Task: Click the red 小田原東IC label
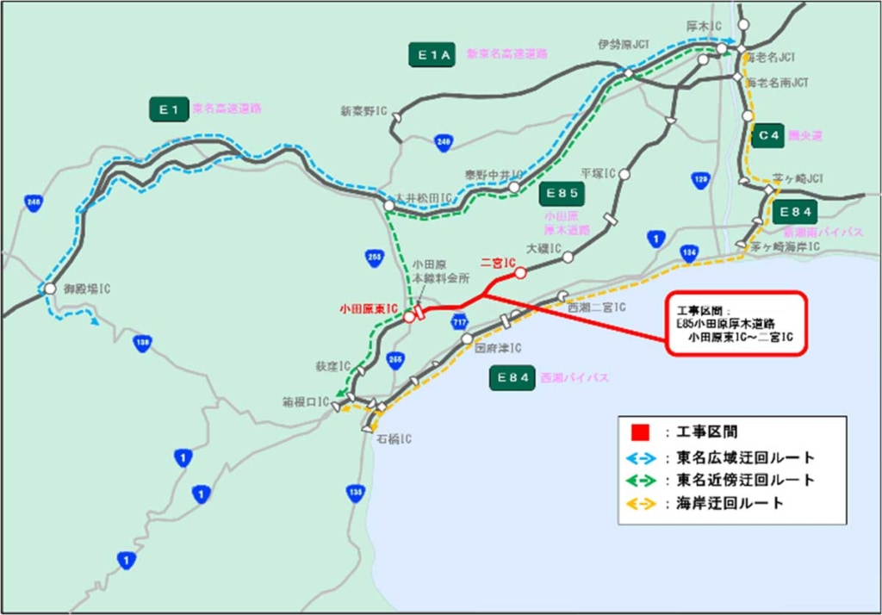pos(369,307)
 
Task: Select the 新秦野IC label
pos(363,111)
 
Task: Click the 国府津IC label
pos(499,348)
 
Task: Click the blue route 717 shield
pos(460,321)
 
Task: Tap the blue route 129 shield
pos(701,180)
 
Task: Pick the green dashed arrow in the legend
pos(640,480)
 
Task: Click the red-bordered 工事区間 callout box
pos(736,322)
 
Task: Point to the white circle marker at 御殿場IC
pos(50,289)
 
